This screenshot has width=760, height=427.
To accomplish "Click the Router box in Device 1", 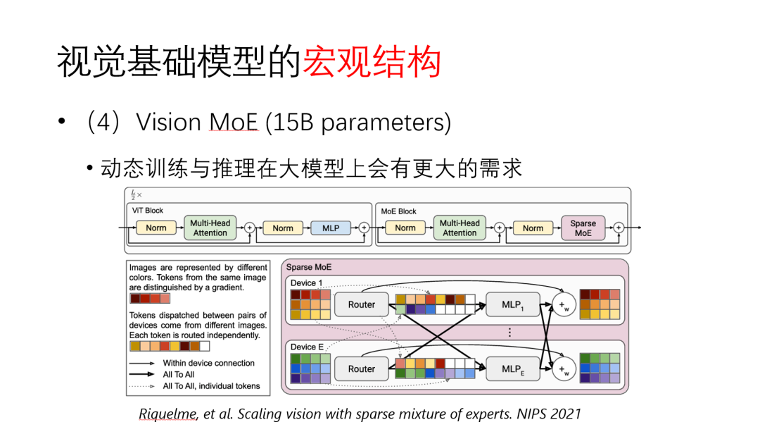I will (362, 304).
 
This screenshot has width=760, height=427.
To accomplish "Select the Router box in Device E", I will (362, 369).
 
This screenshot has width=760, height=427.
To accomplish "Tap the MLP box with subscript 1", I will (512, 304).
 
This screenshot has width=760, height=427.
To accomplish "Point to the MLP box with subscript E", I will (512, 369).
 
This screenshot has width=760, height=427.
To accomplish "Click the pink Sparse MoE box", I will (583, 228).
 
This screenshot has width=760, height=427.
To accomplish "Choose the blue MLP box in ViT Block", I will (331, 228).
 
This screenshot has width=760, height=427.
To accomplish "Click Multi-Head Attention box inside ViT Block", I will (210, 228).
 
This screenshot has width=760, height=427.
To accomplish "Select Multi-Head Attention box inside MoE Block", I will (460, 228).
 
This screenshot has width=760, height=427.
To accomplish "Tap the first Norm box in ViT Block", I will (156, 228).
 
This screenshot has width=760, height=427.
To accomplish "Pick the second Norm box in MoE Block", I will (533, 228).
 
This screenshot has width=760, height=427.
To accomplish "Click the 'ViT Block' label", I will (148, 211).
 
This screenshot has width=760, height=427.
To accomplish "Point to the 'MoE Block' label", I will (398, 211).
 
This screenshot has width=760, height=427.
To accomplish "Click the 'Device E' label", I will (307, 347).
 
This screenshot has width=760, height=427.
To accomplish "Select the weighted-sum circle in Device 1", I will (563, 304).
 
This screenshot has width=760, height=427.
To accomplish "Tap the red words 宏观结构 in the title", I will (372, 63).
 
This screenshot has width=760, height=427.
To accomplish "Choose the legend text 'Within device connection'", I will (209, 363).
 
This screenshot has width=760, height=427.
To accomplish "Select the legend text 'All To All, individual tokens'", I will (212, 385).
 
